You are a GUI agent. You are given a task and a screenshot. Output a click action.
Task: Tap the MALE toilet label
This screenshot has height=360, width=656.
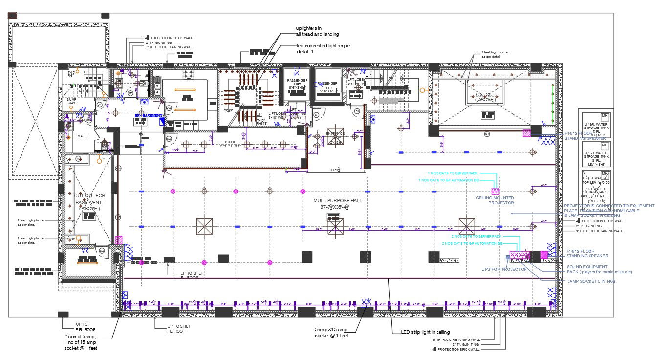[x=82, y=136]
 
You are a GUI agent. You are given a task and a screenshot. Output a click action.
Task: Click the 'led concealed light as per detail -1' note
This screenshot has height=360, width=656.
[x=324, y=48]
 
